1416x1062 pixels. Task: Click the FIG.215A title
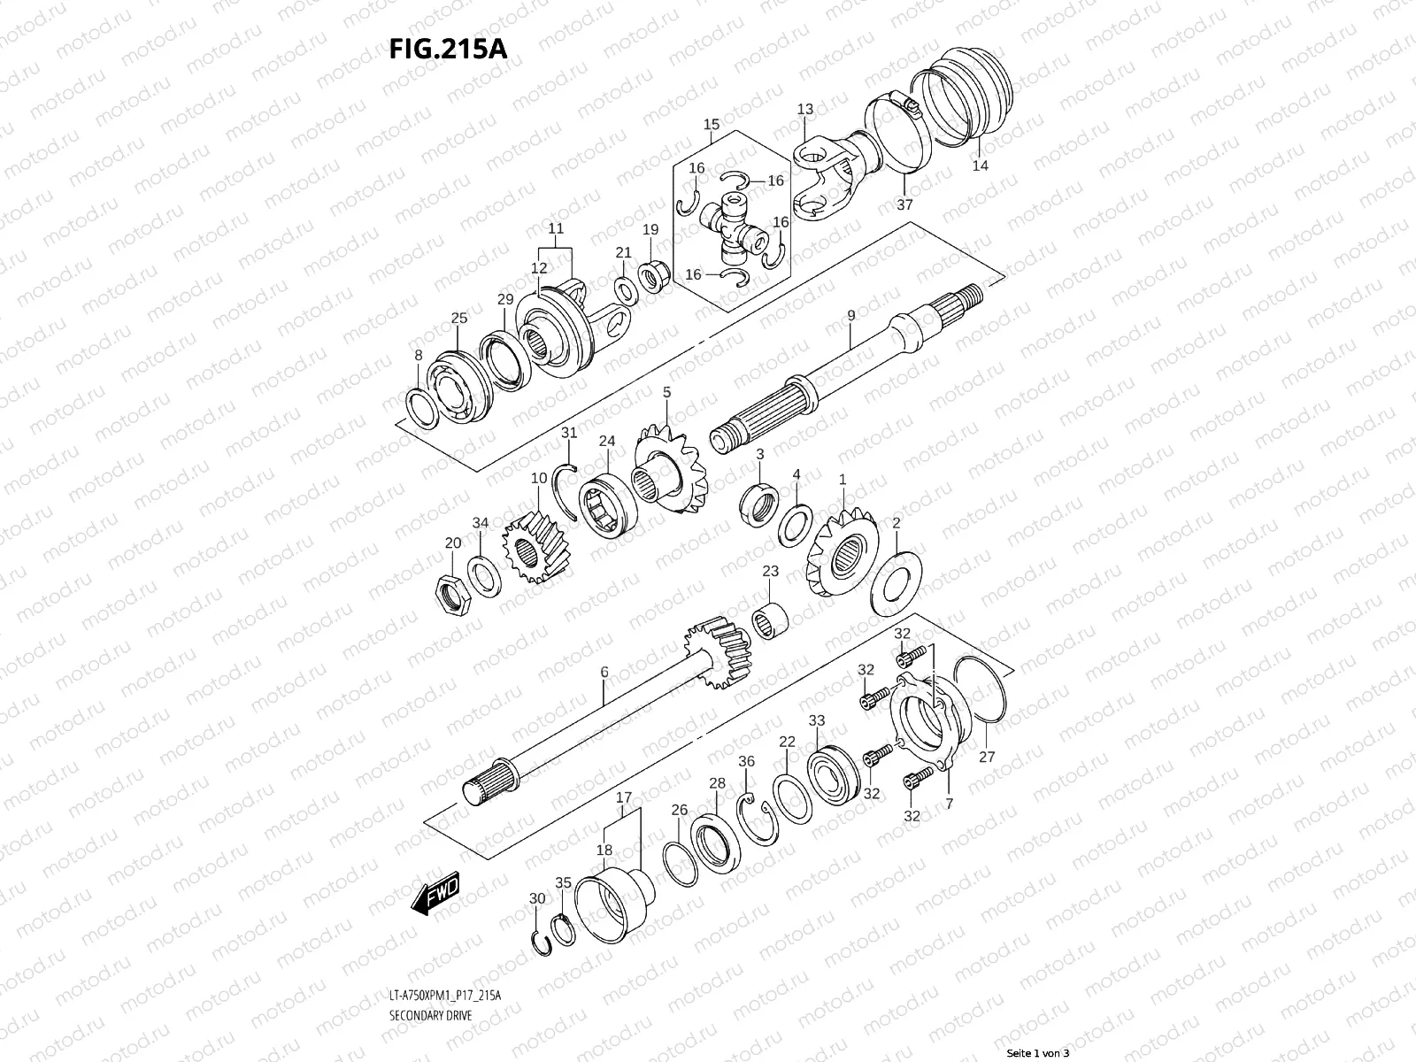[448, 48]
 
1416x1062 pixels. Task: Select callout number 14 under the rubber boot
[980, 165]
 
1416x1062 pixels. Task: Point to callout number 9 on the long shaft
[850, 315]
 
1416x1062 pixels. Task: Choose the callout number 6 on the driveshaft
[604, 673]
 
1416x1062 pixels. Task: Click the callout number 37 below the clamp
[904, 204]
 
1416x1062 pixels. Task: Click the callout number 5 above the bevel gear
[666, 392]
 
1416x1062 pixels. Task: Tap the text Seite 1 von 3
[1039, 1053]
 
